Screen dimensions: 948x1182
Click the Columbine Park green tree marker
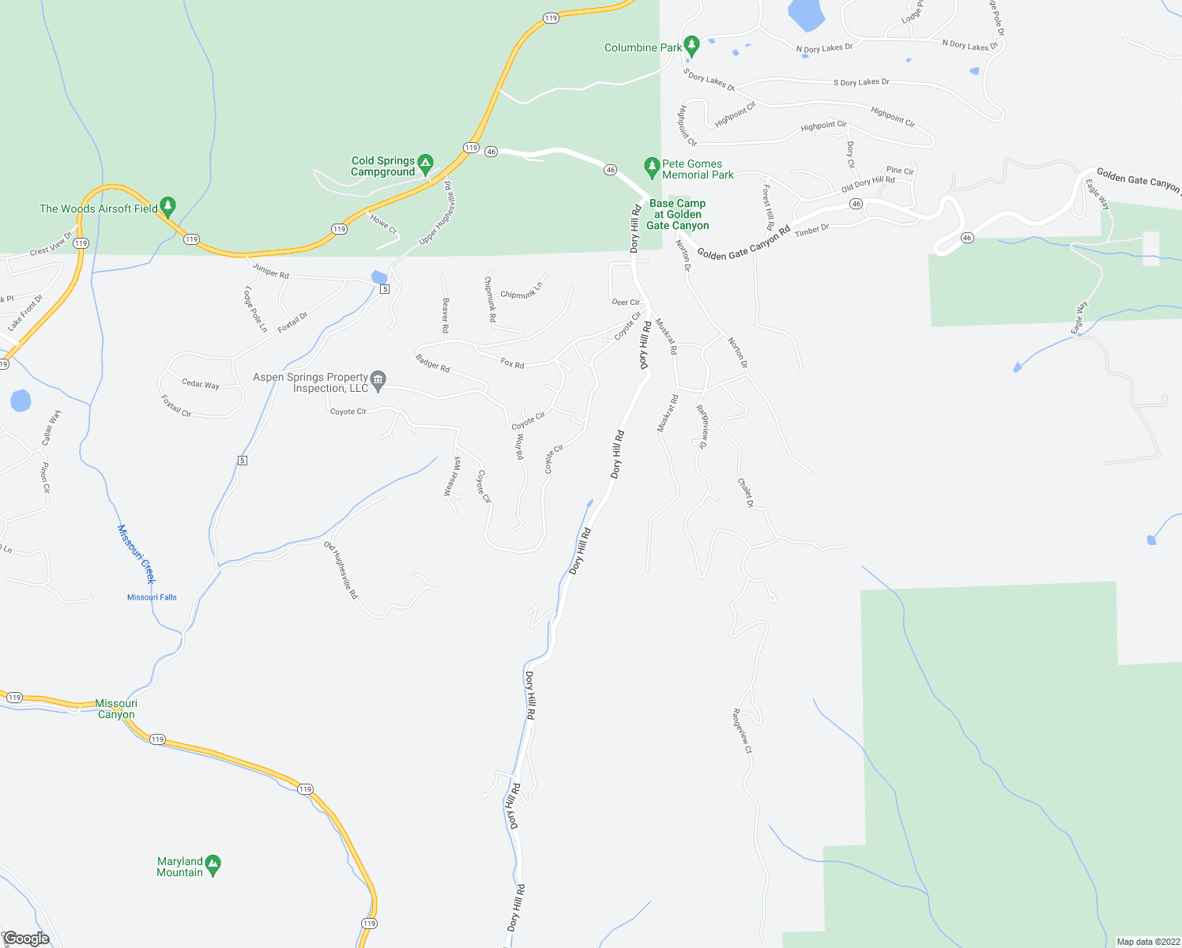pyautogui.click(x=691, y=44)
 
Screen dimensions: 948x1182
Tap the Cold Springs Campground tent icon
pyautogui.click(x=425, y=164)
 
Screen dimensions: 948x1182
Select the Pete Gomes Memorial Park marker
pyautogui.click(x=652, y=167)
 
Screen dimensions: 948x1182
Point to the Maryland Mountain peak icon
pyautogui.click(x=213, y=864)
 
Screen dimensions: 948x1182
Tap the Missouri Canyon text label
pyautogui.click(x=116, y=709)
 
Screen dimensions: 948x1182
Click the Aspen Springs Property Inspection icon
pyautogui.click(x=378, y=381)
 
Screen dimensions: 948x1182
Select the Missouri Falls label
pyautogui.click(x=152, y=597)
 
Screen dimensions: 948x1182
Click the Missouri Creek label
pyautogui.click(x=136, y=553)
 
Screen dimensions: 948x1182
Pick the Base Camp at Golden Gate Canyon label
pyautogui.click(x=677, y=214)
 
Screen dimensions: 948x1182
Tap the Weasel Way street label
pyautogui.click(x=451, y=476)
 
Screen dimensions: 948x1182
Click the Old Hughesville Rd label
pyautogui.click(x=341, y=570)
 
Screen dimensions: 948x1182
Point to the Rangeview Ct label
pyautogui.click(x=742, y=731)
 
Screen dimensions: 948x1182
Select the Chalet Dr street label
pyautogui.click(x=745, y=493)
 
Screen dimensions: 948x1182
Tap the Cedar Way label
pyautogui.click(x=201, y=384)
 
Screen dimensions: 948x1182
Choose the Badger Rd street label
pyautogui.click(x=432, y=363)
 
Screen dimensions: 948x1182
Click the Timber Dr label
pyautogui.click(x=811, y=230)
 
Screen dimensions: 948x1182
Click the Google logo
pyautogui.click(x=26, y=939)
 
